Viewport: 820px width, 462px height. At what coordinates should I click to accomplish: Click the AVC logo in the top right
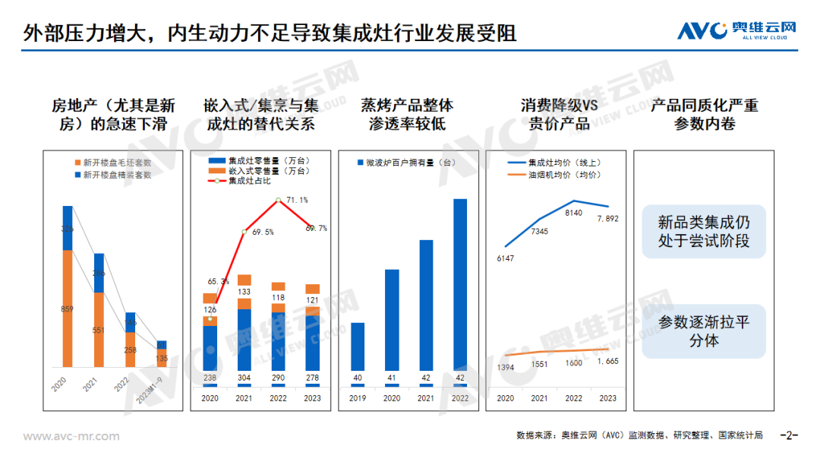[x=736, y=30]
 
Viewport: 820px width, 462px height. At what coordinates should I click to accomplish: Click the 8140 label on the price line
[x=574, y=213]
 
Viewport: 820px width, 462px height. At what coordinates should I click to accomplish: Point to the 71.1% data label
[x=297, y=201]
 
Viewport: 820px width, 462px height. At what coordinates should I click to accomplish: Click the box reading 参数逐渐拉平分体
[x=704, y=331]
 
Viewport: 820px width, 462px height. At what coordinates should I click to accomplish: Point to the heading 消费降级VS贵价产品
[x=560, y=114]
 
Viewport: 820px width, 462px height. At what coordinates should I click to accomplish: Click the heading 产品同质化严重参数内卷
[x=704, y=114]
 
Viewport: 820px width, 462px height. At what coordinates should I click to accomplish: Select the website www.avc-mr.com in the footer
[x=71, y=436]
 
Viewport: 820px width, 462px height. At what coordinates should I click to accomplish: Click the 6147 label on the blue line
[x=505, y=258]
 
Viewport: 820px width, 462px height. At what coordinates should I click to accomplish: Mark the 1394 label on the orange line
[x=505, y=368]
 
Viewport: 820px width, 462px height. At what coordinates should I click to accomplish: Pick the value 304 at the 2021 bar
[x=244, y=378]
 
